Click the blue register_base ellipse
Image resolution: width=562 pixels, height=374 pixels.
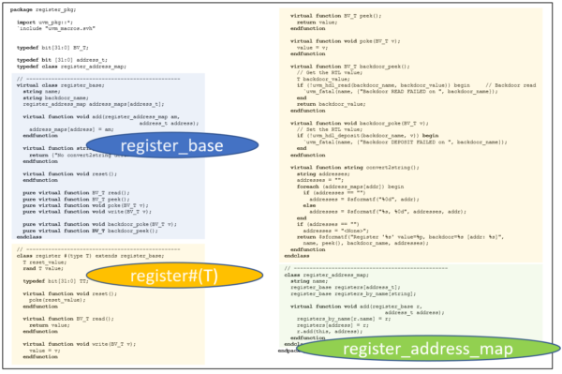coord(171,145)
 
